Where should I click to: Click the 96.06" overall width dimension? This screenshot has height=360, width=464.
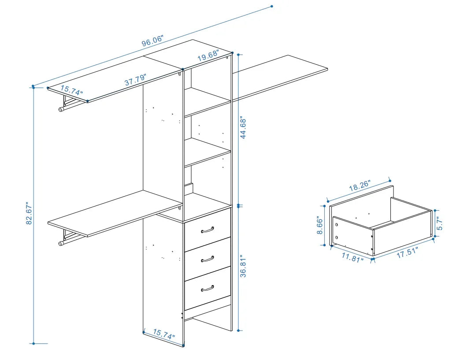coord(152,41)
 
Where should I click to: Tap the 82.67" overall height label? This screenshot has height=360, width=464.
coord(29,215)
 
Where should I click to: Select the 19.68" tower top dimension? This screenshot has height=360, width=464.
coord(208,57)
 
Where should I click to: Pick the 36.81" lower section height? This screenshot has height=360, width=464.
coord(243,266)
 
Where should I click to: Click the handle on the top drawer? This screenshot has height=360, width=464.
coord(207,230)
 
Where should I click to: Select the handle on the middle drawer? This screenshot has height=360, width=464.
coord(207,259)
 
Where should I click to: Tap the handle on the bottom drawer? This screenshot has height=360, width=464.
coord(207,288)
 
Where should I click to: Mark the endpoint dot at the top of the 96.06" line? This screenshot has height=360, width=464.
coord(271,6)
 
